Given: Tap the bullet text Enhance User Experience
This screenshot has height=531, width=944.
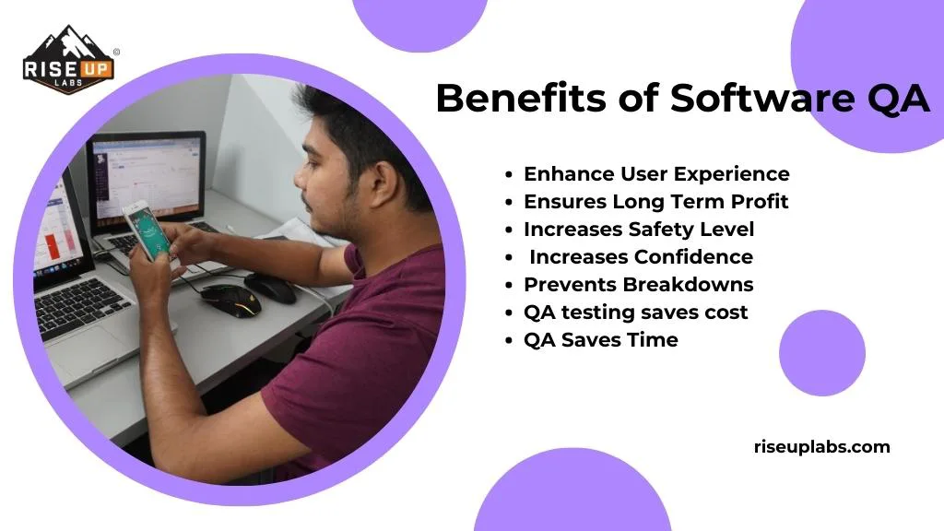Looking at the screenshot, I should coord(655,174).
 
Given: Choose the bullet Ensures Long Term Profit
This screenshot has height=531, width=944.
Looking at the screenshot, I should coord(655,202).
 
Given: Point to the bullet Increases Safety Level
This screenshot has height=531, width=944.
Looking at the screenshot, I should coord(639,230).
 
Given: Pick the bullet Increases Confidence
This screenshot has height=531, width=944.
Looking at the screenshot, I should coord(641,257).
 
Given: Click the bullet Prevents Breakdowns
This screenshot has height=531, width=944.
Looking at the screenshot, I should coord(638,285).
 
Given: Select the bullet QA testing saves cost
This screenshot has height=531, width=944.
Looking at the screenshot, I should coord(635,313).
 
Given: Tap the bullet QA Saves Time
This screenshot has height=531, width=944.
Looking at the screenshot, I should coord(600,340).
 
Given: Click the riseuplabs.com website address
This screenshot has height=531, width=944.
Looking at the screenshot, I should coord(822,447).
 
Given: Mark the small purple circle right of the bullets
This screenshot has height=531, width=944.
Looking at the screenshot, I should coord(821,353).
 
